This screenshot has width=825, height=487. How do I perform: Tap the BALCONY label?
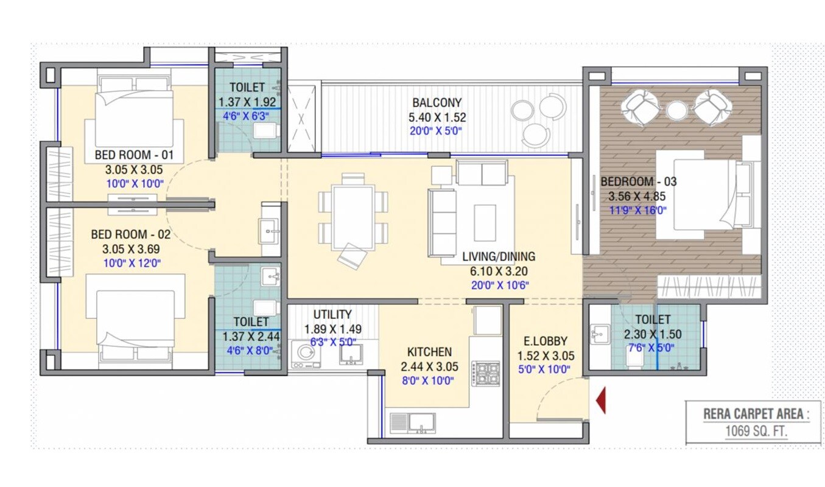pos(437,102)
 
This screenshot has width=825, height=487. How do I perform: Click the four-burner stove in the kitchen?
pos(485,373)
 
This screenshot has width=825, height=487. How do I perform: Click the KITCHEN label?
pos(429,352)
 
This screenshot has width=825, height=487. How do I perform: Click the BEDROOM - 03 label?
pos(638,181)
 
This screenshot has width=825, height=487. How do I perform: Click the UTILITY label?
pos(332,314)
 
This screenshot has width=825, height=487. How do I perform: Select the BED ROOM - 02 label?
pos(131,234)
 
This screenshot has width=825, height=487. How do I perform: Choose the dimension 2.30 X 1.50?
pos(652,334)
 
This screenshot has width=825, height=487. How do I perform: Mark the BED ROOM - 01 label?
pos(134,155)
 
